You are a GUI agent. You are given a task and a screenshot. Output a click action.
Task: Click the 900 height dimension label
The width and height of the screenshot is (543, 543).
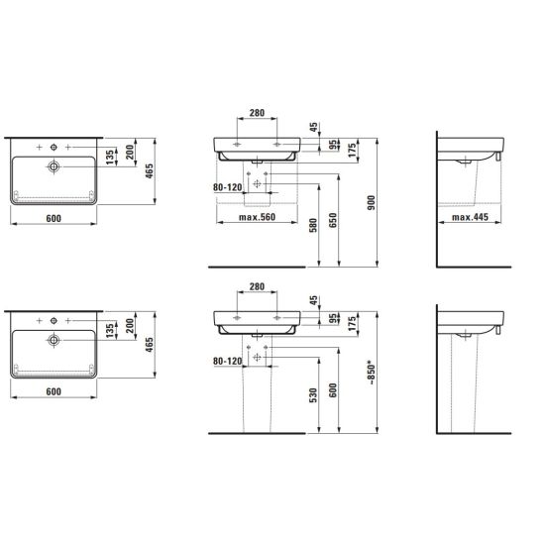point(372,202)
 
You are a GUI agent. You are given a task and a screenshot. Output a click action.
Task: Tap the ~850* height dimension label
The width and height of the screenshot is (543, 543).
point(372,373)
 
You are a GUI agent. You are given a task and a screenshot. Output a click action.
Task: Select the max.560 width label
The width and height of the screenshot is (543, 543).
point(257,217)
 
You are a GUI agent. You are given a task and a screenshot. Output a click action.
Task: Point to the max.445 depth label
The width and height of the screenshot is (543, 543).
point(470,217)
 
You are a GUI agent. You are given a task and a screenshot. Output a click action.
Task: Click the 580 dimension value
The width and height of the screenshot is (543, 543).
point(313,225)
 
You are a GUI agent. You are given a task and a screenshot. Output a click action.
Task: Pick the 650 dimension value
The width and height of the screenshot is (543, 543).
point(333,220)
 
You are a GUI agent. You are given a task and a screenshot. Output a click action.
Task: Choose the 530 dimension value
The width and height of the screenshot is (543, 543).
point(313,395)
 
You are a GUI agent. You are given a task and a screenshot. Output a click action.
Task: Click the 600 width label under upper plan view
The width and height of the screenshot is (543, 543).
point(54,219)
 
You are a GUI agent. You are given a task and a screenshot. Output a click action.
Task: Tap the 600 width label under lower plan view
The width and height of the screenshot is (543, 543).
point(54,391)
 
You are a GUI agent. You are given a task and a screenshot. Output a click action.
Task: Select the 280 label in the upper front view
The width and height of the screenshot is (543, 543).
point(257,113)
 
